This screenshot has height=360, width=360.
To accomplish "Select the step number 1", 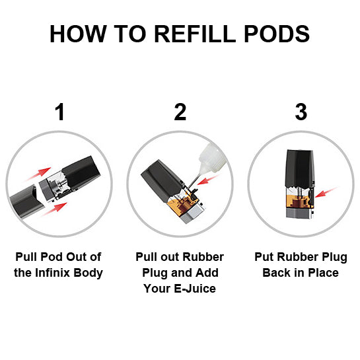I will [59, 112].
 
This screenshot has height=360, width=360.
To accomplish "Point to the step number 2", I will [180, 112].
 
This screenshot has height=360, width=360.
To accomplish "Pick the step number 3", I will [301, 112].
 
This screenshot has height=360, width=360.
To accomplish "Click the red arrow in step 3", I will [326, 192].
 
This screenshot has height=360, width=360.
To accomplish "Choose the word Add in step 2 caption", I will [208, 273].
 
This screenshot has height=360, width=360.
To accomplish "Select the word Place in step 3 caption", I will [322, 273].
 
